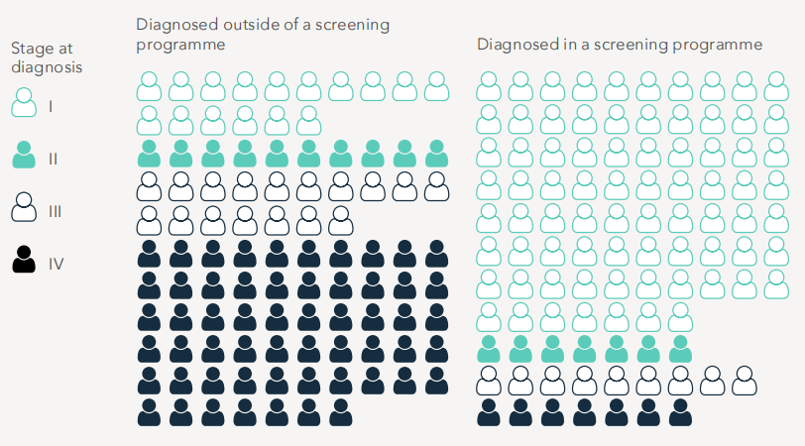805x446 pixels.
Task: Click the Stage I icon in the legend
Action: click(x=25, y=103)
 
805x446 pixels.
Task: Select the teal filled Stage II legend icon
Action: click(x=25, y=156)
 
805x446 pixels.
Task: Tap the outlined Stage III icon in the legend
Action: click(x=25, y=209)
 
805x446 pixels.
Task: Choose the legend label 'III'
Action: click(x=56, y=210)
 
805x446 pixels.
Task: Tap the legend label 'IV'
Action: click(x=57, y=263)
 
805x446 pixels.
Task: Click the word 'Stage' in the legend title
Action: click(x=31, y=48)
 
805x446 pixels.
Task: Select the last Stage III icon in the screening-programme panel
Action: click(x=744, y=381)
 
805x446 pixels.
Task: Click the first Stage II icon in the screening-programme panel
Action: click(x=489, y=349)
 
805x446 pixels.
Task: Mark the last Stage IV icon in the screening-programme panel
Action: click(x=680, y=412)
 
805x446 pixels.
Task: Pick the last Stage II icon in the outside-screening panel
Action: click(x=436, y=154)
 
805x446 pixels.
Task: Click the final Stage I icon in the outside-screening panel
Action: click(x=308, y=121)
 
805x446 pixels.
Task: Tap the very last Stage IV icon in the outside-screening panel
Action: click(x=340, y=412)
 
